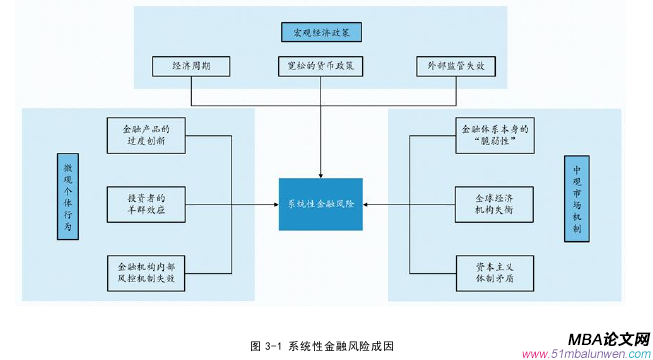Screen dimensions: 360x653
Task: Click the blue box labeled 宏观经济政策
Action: [x=320, y=32]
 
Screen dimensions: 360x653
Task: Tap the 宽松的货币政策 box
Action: [x=320, y=67]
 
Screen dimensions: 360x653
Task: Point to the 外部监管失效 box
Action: [x=456, y=67]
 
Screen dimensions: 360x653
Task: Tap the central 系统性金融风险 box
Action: [x=320, y=204]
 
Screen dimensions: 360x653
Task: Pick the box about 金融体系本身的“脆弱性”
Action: [x=493, y=135]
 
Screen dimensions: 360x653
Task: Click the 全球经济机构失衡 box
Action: [x=493, y=203]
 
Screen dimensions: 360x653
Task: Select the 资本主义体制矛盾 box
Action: [x=493, y=272]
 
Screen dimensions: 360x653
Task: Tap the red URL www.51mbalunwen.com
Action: [x=584, y=353]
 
